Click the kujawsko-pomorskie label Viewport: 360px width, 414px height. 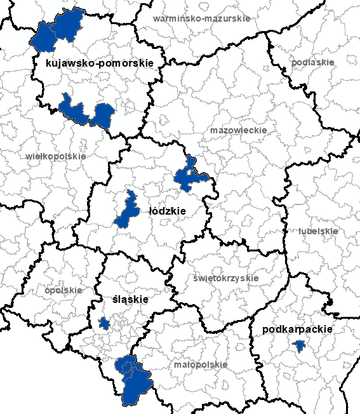pyautogui.click(x=100, y=63)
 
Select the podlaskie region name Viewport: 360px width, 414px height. pyautogui.click(x=312, y=62)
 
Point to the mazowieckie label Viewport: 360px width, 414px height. pyautogui.click(x=238, y=130)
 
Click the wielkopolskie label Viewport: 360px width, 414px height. pyautogui.click(x=56, y=156)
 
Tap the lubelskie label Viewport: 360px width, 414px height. pyautogui.click(x=318, y=231)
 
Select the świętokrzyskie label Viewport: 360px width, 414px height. pyautogui.click(x=225, y=278)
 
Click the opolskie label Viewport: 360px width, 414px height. pyautogui.click(x=63, y=290)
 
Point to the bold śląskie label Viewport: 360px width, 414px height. pyautogui.click(x=130, y=299)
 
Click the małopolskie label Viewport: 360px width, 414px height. pyautogui.click(x=201, y=365)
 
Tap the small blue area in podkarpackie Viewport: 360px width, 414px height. pyautogui.click(x=299, y=346)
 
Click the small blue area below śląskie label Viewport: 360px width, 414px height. pyautogui.click(x=104, y=324)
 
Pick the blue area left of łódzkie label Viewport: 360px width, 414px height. pyautogui.click(x=127, y=210)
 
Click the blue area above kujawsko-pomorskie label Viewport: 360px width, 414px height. pyautogui.click(x=58, y=30)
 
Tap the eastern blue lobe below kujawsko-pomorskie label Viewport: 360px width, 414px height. pyautogui.click(x=102, y=116)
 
